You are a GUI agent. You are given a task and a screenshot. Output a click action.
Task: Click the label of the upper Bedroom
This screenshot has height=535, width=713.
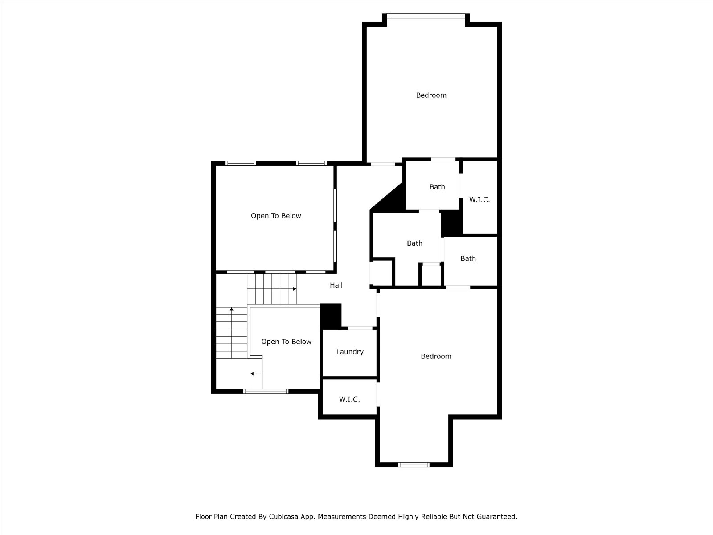coord(431,95)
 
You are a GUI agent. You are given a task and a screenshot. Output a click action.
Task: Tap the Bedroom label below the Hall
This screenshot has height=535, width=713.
coord(436,356)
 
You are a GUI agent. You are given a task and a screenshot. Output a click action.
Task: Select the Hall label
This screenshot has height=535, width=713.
coord(336,285)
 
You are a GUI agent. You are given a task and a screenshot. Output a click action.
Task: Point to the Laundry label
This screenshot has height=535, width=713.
coord(350,352)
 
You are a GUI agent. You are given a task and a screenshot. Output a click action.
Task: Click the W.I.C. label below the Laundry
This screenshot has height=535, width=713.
coord(349,399)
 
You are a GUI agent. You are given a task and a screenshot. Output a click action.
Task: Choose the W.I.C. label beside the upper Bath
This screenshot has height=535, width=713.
coord(479,200)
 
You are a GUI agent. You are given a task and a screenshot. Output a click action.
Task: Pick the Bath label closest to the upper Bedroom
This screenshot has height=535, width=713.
coord(437,187)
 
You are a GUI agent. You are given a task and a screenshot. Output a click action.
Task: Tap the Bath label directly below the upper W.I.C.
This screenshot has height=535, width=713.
coord(468,259)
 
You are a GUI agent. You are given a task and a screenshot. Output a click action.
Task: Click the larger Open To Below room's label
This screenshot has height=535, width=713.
coord(276,216)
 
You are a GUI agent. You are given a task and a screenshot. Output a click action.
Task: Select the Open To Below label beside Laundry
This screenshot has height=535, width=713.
coord(286,342)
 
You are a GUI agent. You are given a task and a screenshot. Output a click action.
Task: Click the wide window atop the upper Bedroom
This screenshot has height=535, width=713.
coord(426,16)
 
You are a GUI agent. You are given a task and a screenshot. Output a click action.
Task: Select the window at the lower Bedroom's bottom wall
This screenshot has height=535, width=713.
coord(414,465)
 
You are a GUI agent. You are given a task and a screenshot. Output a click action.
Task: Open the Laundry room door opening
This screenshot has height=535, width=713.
coord(360,329)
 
